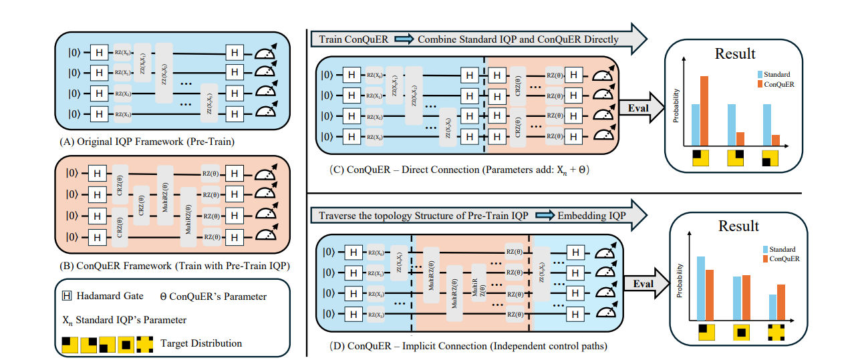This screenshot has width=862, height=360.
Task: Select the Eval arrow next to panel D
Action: tap(642, 284)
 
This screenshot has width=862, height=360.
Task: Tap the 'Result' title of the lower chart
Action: tap(738, 226)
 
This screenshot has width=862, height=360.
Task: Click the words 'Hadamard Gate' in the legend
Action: tap(106, 297)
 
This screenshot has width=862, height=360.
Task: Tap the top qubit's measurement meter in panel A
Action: tap(265, 51)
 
